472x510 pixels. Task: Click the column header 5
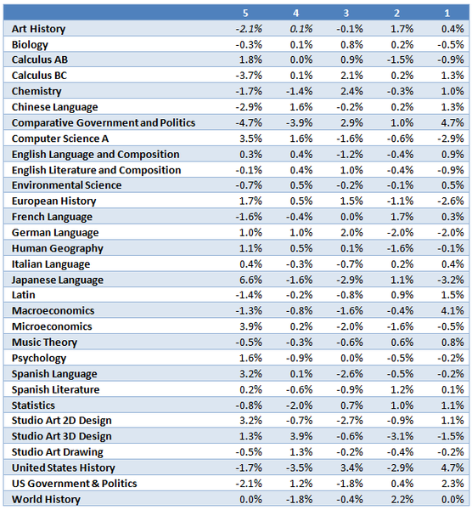(245, 13)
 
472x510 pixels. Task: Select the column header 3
(346, 13)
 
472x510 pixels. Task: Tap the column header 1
(447, 13)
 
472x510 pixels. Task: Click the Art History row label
(39, 29)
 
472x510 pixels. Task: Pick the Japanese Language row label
(58, 280)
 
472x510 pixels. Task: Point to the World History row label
(46, 499)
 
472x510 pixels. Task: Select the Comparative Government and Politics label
(104, 123)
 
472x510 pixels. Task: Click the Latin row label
(24, 295)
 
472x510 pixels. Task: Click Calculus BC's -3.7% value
(249, 76)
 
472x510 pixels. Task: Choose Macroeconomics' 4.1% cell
(452, 310)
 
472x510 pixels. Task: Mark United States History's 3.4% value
(351, 467)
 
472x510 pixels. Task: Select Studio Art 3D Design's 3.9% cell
(301, 436)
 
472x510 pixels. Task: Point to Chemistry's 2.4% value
(351, 91)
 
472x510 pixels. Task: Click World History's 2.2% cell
(402, 499)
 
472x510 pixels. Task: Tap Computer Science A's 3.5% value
(250, 139)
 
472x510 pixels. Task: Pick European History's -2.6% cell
(450, 201)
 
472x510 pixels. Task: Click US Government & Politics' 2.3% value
(452, 484)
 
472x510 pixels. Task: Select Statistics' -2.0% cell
(299, 405)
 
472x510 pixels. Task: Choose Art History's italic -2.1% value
(249, 29)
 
